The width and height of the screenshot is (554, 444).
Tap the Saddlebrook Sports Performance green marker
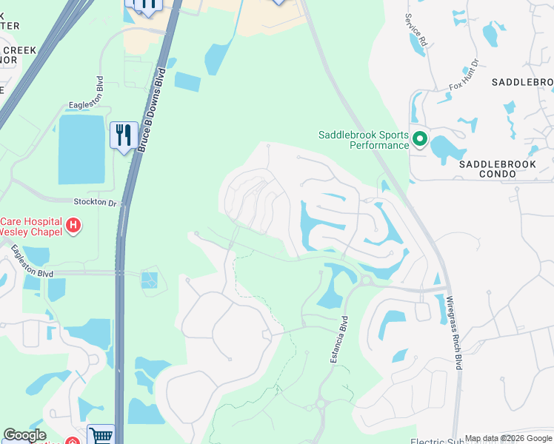click(x=420, y=139)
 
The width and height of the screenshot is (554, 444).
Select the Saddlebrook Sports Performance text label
click(x=364, y=140)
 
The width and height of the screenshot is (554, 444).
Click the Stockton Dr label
click(x=96, y=202)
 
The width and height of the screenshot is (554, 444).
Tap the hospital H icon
click(x=73, y=225)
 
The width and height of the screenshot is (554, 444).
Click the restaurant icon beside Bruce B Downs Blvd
click(x=124, y=135)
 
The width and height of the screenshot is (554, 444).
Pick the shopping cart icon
click(x=101, y=435)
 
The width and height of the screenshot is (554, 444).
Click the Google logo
click(x=24, y=435)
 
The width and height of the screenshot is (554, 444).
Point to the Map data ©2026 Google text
click(x=508, y=438)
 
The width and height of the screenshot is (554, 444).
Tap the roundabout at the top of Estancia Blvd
click(x=365, y=280)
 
